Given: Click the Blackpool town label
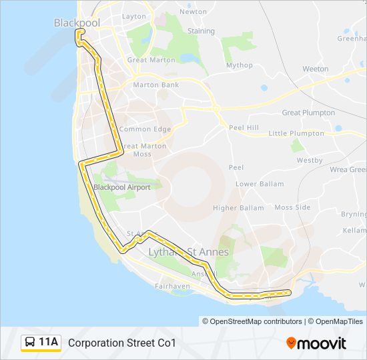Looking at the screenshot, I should pyautogui.click(x=77, y=23).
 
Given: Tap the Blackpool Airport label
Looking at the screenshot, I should pyautogui.click(x=122, y=187).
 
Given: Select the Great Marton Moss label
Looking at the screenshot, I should pyautogui.click(x=143, y=150).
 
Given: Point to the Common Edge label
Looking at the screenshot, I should pyautogui.click(x=145, y=129).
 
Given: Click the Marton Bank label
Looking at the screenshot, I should pyautogui.click(x=155, y=85).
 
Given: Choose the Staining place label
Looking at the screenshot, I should pyautogui.click(x=201, y=31).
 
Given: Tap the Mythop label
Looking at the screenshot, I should pyautogui.click(x=240, y=65).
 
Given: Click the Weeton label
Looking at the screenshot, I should pyautogui.click(x=315, y=69).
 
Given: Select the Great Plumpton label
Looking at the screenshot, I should pyautogui.click(x=308, y=113).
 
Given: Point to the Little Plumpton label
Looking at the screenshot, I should pyautogui.click(x=296, y=133).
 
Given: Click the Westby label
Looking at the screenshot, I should pyautogui.click(x=310, y=160).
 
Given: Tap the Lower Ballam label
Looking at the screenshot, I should pyautogui.click(x=260, y=183).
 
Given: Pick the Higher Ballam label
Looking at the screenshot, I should pyautogui.click(x=238, y=208).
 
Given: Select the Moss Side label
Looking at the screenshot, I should pyautogui.click(x=292, y=207).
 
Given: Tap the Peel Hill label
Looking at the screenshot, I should pyautogui.click(x=244, y=127).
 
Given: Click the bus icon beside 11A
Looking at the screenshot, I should pyautogui.click(x=30, y=343).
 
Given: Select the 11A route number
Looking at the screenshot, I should pyautogui.click(x=49, y=343).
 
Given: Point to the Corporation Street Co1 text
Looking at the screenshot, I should pyautogui.click(x=122, y=343).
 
